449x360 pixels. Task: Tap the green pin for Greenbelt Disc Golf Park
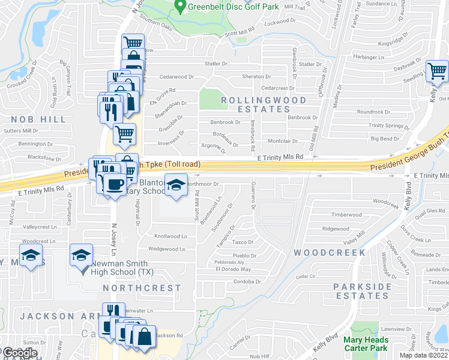point(179,7)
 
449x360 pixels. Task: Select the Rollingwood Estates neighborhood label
point(263,104)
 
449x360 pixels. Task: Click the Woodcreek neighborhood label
point(330,253)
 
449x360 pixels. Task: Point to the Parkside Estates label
point(361,292)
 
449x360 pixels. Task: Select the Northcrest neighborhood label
point(142,288)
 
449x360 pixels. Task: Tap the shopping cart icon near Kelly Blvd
point(438,71)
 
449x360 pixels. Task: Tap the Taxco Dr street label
point(243,242)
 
